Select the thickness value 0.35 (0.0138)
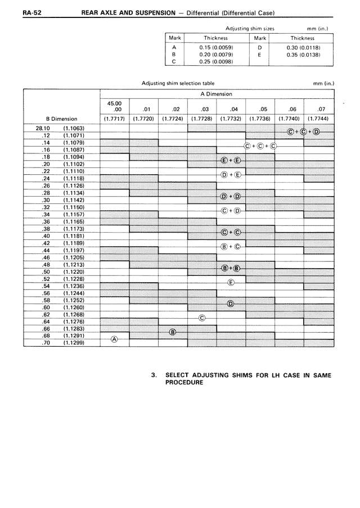click(x=303, y=55)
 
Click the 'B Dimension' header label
click(x=61, y=119)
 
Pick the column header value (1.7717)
click(x=114, y=119)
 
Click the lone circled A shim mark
click(x=114, y=339)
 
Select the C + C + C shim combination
click(x=260, y=147)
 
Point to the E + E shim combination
click(x=231, y=161)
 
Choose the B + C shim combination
click(x=231, y=246)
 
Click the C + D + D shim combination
click(x=303, y=132)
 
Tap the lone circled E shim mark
click(x=231, y=282)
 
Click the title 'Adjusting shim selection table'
click(x=178, y=83)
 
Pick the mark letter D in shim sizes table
click(x=259, y=47)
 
